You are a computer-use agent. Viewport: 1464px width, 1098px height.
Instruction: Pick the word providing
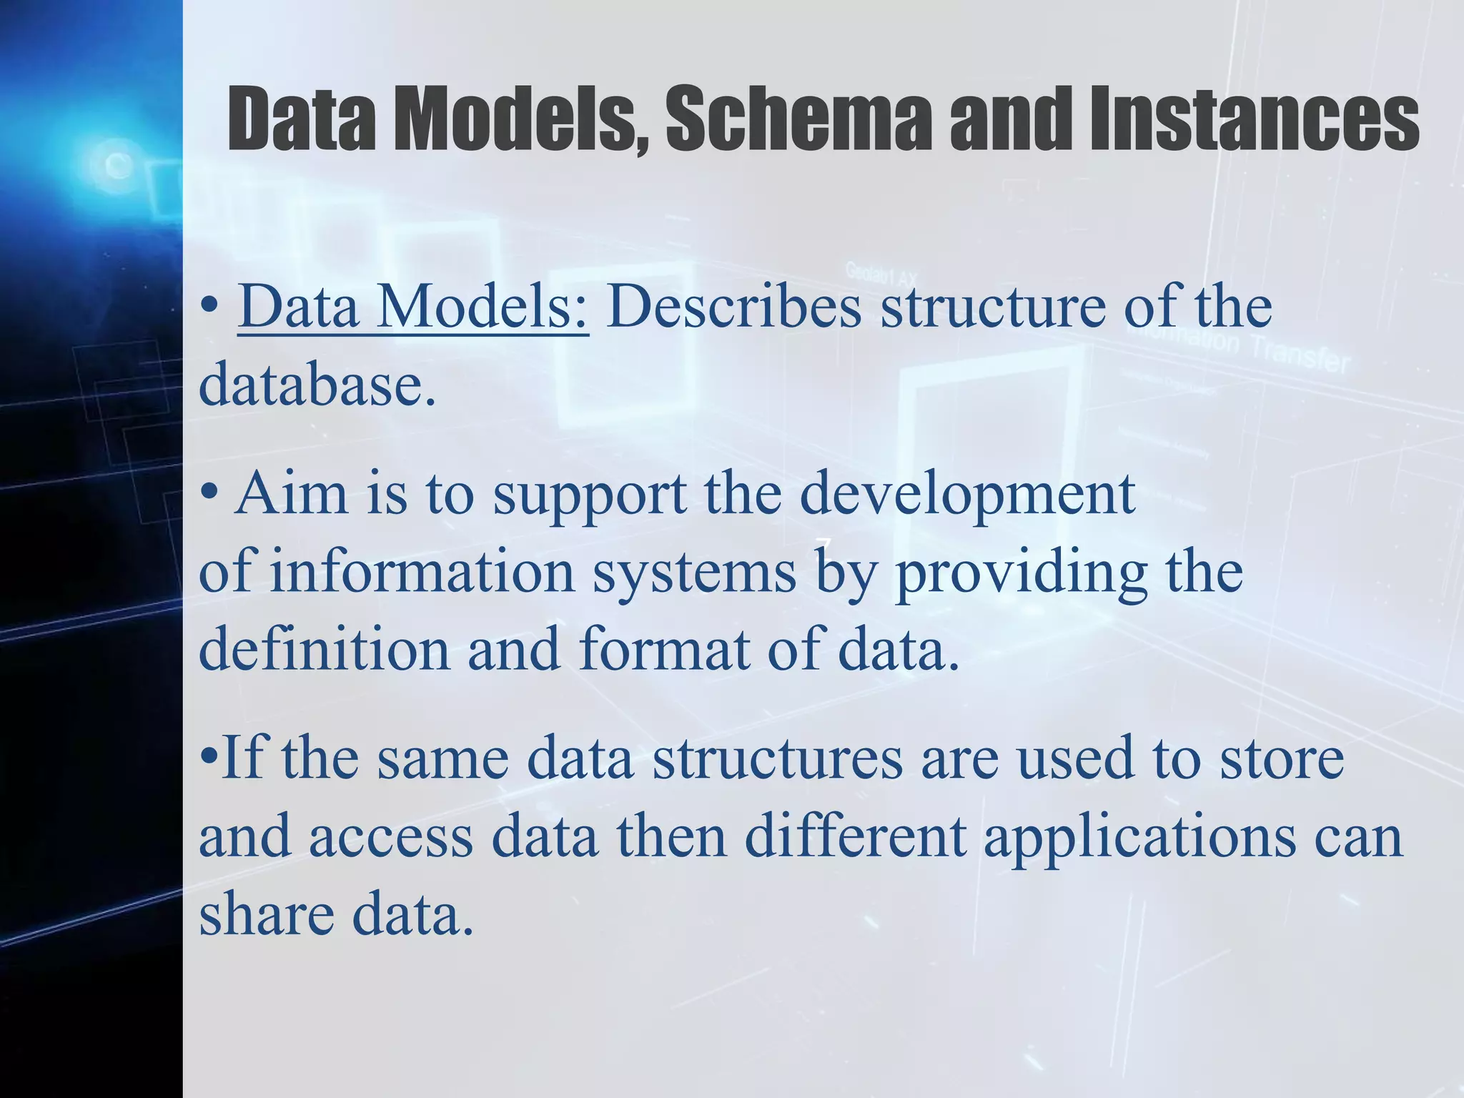pyautogui.click(x=1021, y=574)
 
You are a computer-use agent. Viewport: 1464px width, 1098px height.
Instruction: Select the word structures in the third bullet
pyautogui.click(x=778, y=758)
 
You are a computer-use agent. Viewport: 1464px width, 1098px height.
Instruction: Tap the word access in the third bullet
pyautogui.click(x=391, y=837)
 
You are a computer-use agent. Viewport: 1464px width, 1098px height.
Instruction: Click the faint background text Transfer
pyautogui.click(x=1299, y=357)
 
